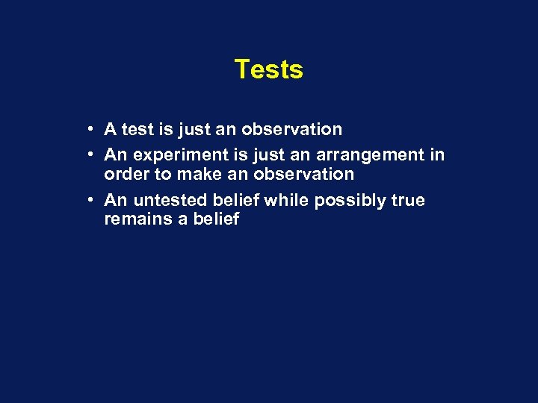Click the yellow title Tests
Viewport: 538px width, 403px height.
click(x=268, y=69)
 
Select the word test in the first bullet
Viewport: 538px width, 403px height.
click(x=137, y=130)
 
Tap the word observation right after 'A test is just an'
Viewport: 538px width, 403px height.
click(x=291, y=130)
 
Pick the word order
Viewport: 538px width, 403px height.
click(x=127, y=175)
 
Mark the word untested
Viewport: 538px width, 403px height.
click(x=169, y=201)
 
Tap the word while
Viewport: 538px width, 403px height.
click(x=287, y=201)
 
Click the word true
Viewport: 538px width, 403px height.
click(x=407, y=201)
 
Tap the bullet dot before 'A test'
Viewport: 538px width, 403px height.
click(x=89, y=129)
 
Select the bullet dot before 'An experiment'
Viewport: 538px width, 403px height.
click(x=89, y=154)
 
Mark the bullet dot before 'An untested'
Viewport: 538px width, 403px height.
click(x=89, y=200)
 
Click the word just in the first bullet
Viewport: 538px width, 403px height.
click(x=195, y=130)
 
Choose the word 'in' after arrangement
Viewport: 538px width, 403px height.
click(x=437, y=155)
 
